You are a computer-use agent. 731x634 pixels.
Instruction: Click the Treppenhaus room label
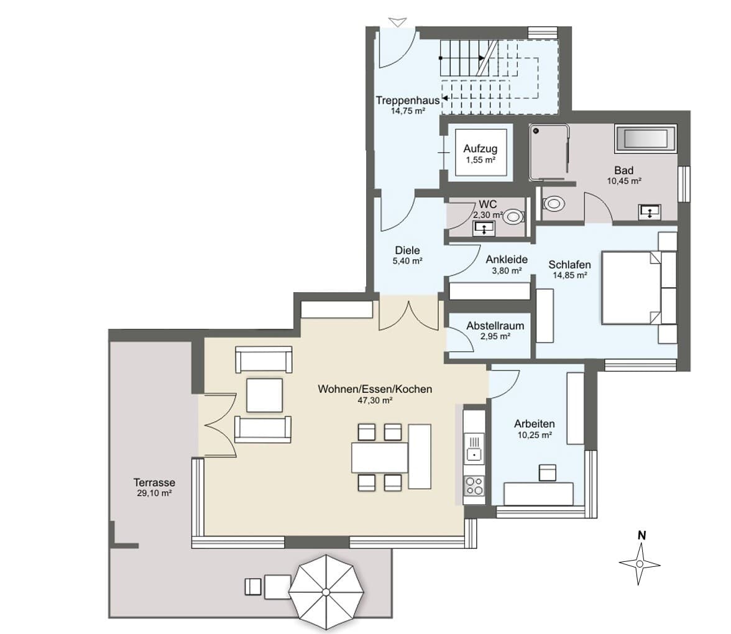[408, 100]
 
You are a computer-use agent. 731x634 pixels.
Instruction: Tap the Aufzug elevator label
[480, 149]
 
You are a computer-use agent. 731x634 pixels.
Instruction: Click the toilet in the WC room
[514, 216]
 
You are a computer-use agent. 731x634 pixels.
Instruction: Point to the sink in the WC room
[484, 229]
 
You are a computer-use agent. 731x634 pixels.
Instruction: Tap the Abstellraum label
[495, 326]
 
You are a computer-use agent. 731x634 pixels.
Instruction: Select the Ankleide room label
[507, 259]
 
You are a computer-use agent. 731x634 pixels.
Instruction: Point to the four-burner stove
[475, 486]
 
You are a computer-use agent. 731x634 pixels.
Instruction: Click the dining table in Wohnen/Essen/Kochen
[379, 457]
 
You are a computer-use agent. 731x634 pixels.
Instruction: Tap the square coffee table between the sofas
[264, 395]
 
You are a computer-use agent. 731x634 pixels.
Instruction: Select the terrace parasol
[326, 591]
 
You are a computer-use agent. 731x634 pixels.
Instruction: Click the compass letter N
[641, 536]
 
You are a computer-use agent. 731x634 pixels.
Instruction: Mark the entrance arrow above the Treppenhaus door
[398, 22]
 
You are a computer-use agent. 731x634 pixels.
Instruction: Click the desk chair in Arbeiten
[547, 472]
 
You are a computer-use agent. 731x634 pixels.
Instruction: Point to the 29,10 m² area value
[154, 494]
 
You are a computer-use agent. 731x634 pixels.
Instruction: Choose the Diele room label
[407, 250]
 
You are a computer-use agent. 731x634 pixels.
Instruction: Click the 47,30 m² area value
[375, 400]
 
